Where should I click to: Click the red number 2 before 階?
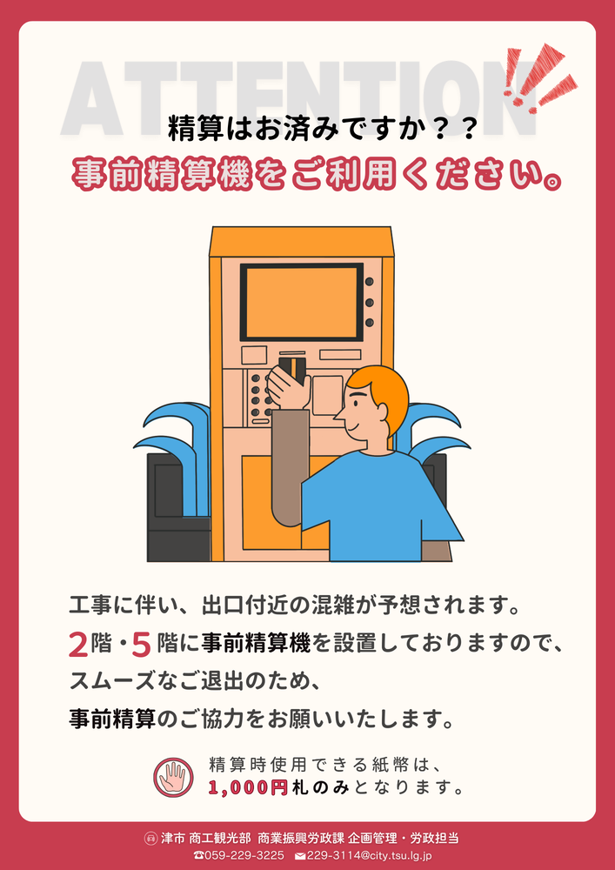coord(78,645)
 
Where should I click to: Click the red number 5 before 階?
coord(142,645)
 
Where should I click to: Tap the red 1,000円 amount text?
coord(248,788)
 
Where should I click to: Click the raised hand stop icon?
coord(174,777)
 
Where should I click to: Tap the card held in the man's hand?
coord(292,369)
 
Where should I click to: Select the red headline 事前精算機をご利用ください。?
coord(314,175)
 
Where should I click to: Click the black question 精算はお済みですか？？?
coord(322,130)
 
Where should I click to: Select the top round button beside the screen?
coord(370,282)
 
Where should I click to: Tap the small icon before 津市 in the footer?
coord(150,838)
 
